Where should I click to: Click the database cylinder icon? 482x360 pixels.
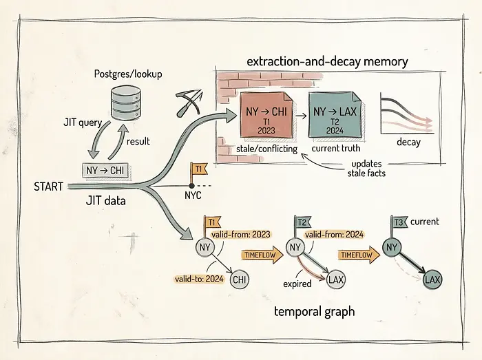point(126,103)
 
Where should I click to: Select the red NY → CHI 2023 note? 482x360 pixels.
point(266,115)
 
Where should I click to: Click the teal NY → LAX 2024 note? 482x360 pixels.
point(335,115)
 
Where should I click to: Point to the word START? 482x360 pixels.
point(49,187)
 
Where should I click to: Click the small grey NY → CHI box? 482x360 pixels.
point(105,170)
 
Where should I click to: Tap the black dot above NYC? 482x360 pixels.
point(191,186)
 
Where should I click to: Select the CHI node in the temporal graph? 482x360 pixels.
point(240,279)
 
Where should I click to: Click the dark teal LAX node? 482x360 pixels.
point(432,279)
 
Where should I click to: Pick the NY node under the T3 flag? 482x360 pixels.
point(392,247)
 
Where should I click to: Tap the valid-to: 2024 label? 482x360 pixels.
point(199,279)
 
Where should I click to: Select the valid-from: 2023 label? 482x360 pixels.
point(241,235)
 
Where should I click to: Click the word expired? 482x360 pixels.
point(297,284)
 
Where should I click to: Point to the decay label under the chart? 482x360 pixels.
point(408,142)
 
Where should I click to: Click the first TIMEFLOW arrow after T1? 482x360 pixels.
point(262,255)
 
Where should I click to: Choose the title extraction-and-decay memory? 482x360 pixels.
point(327,62)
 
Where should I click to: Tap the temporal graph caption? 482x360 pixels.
point(314,312)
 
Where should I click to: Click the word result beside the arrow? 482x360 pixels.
point(138,142)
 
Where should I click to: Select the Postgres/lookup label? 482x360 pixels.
point(128,74)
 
